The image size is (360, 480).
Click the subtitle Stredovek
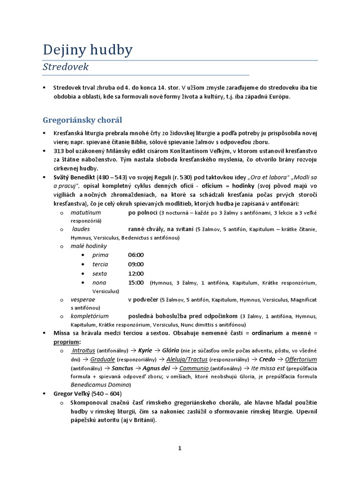(x=66, y=67)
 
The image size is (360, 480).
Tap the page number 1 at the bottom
(x=180, y=448)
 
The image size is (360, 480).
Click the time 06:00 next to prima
(x=136, y=255)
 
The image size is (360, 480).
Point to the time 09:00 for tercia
(x=136, y=264)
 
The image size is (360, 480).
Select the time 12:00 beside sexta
(x=136, y=274)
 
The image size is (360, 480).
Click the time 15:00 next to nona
(x=136, y=283)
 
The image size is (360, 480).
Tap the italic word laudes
(x=81, y=229)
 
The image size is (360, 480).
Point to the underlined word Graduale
(x=103, y=360)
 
